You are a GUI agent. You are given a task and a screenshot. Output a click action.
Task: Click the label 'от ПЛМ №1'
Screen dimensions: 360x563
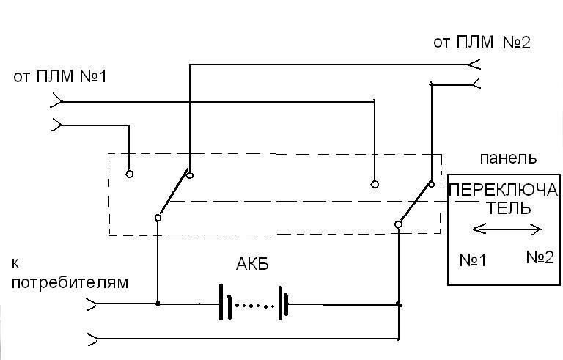pos(60,76)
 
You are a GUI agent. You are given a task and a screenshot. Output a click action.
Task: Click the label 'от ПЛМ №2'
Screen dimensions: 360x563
pos(482,42)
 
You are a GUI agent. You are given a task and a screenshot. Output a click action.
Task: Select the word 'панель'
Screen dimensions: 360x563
pos(508,158)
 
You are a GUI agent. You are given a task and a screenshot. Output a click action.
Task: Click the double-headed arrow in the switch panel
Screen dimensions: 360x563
pos(507,229)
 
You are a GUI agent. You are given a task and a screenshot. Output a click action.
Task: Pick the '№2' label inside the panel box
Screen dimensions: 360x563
pos(540,257)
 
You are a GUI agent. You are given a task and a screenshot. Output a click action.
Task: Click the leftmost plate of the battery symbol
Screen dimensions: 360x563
pos(221,303)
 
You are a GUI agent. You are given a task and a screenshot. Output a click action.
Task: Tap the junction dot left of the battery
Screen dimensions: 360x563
pos(158,303)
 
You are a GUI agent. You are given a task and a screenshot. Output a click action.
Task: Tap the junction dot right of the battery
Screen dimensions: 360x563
pos(398,303)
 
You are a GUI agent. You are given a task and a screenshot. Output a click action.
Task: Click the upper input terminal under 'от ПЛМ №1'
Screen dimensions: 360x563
pos(57,100)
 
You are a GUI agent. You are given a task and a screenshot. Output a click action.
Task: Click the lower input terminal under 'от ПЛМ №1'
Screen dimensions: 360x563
pos(57,125)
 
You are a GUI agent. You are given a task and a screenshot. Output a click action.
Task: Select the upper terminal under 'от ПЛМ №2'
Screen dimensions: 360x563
pos(475,65)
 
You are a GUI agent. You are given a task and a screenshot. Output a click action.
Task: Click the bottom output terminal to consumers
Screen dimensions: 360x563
pos(91,339)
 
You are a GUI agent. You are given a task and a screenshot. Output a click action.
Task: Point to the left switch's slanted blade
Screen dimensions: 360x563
pos(173,195)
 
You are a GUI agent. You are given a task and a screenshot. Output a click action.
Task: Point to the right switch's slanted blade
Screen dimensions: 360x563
pos(414,199)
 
